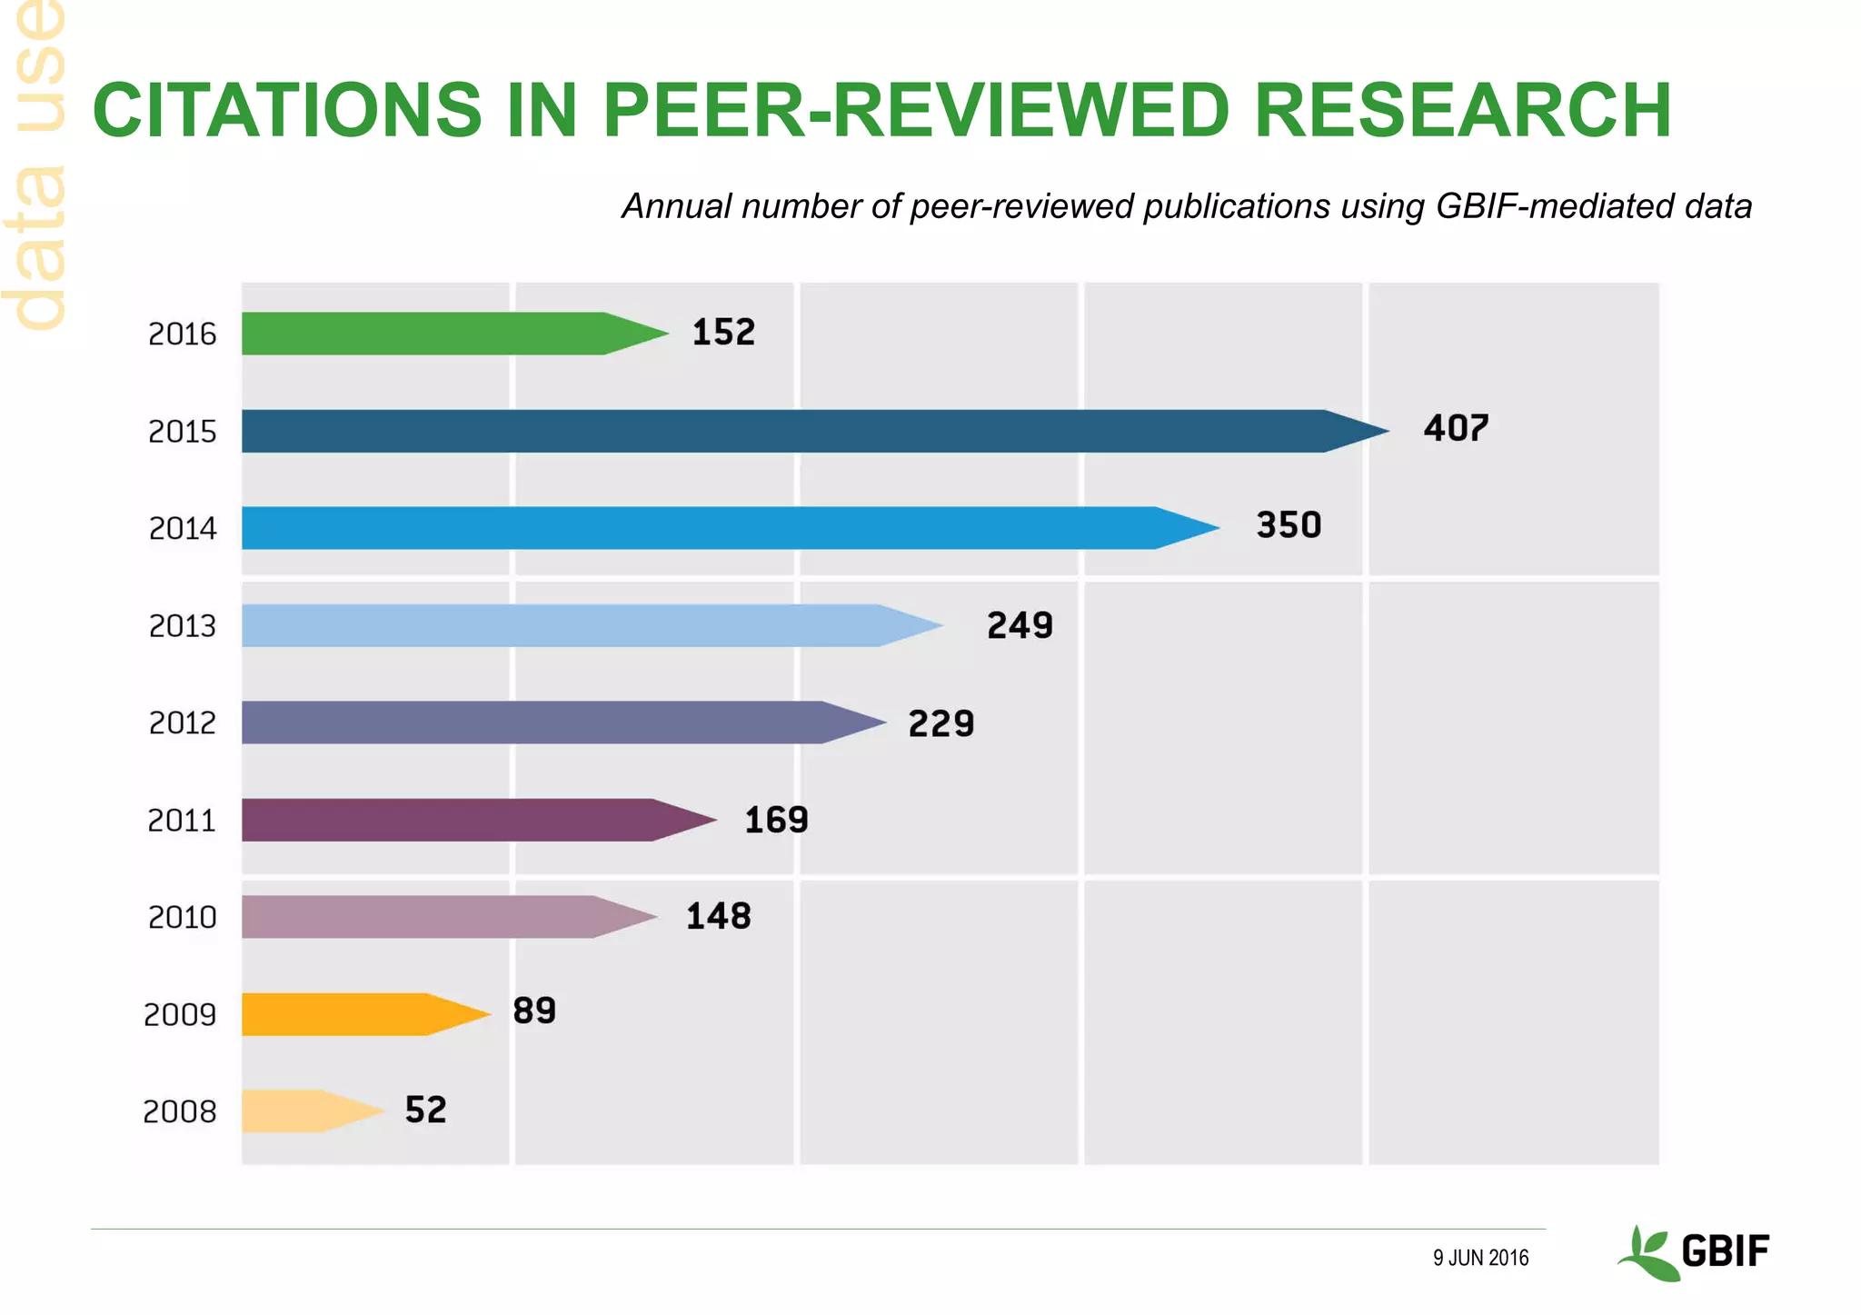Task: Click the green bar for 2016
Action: point(436,334)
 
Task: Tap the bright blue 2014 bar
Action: point(709,528)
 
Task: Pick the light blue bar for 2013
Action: point(572,625)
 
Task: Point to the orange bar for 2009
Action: point(345,1014)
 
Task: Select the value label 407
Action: point(1456,428)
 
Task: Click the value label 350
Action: point(1289,525)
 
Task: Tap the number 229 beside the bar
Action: point(941,723)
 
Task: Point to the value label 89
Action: point(534,1011)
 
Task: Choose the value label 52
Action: point(425,1110)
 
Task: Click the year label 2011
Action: point(182,821)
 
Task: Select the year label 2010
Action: point(182,918)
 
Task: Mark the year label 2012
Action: point(182,723)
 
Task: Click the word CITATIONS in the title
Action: point(287,111)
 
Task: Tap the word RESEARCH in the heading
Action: point(1462,111)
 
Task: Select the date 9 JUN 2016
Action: point(1480,1258)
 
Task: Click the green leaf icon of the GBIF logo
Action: point(1647,1254)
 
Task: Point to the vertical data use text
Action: point(36,164)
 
